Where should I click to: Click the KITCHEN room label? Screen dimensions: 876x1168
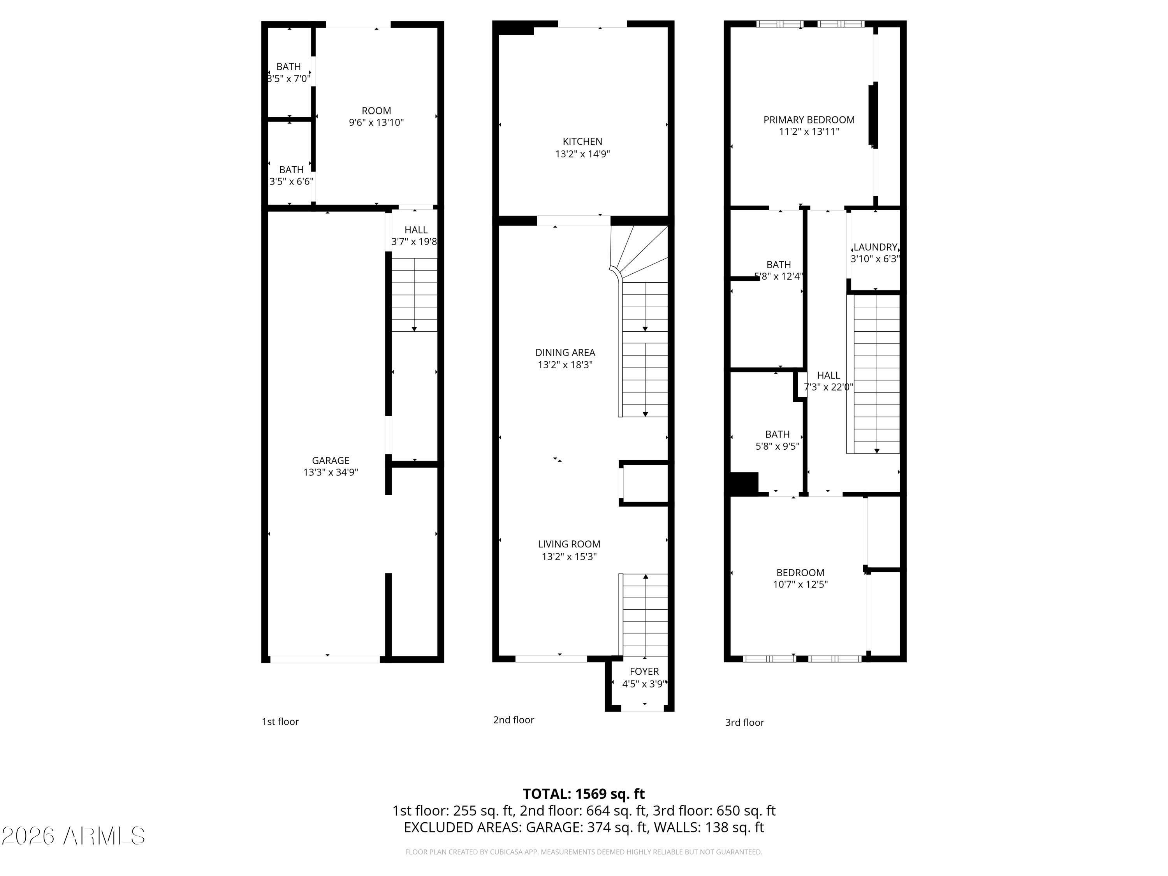(x=582, y=141)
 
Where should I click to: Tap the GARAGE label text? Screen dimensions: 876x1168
(x=330, y=461)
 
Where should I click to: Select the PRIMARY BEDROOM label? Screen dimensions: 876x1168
(x=808, y=120)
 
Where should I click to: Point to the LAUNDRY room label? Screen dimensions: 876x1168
(x=875, y=247)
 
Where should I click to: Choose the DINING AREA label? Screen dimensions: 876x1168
(x=565, y=352)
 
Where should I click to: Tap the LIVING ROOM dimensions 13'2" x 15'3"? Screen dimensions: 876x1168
(x=569, y=556)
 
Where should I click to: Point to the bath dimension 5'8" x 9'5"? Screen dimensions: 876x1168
(x=777, y=446)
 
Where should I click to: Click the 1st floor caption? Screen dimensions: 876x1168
(x=280, y=722)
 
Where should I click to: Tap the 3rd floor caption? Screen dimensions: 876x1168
(x=744, y=722)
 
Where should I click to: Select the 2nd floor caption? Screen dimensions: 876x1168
(x=513, y=720)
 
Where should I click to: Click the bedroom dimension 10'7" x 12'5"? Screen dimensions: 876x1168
(x=800, y=584)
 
